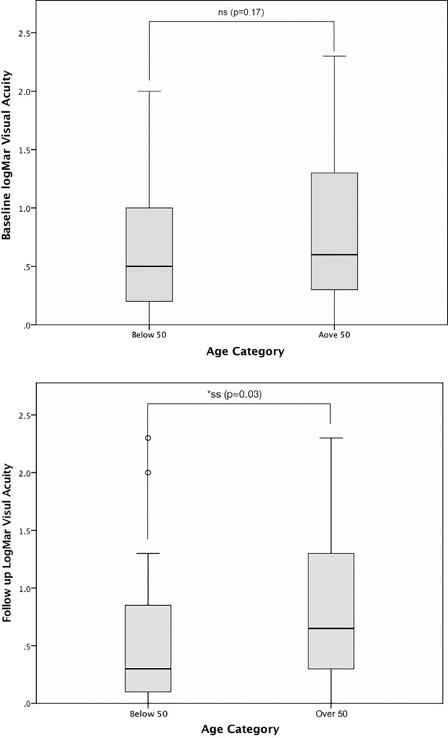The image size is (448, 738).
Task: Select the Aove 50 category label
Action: pos(334,335)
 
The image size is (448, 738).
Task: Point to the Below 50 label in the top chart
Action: pos(149,335)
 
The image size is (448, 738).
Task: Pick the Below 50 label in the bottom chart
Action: pos(148,714)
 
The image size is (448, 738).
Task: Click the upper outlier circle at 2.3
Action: pos(148,438)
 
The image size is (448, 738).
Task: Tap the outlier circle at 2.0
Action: pos(148,472)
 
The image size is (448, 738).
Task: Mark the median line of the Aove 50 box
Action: pos(334,255)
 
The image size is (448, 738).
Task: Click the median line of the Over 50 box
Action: pos(331,628)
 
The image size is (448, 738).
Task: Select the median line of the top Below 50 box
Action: pos(149,266)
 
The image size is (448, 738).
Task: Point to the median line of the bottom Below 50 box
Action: pos(148,669)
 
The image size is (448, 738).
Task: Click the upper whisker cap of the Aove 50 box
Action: pos(334,56)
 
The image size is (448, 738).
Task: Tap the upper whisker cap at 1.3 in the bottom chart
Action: pos(148,553)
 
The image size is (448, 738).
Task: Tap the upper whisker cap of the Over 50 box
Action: pos(331,438)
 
